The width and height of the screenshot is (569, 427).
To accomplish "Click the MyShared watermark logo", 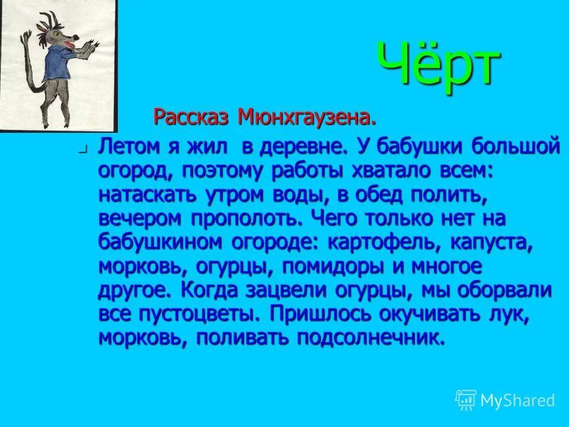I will (x=505, y=400).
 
